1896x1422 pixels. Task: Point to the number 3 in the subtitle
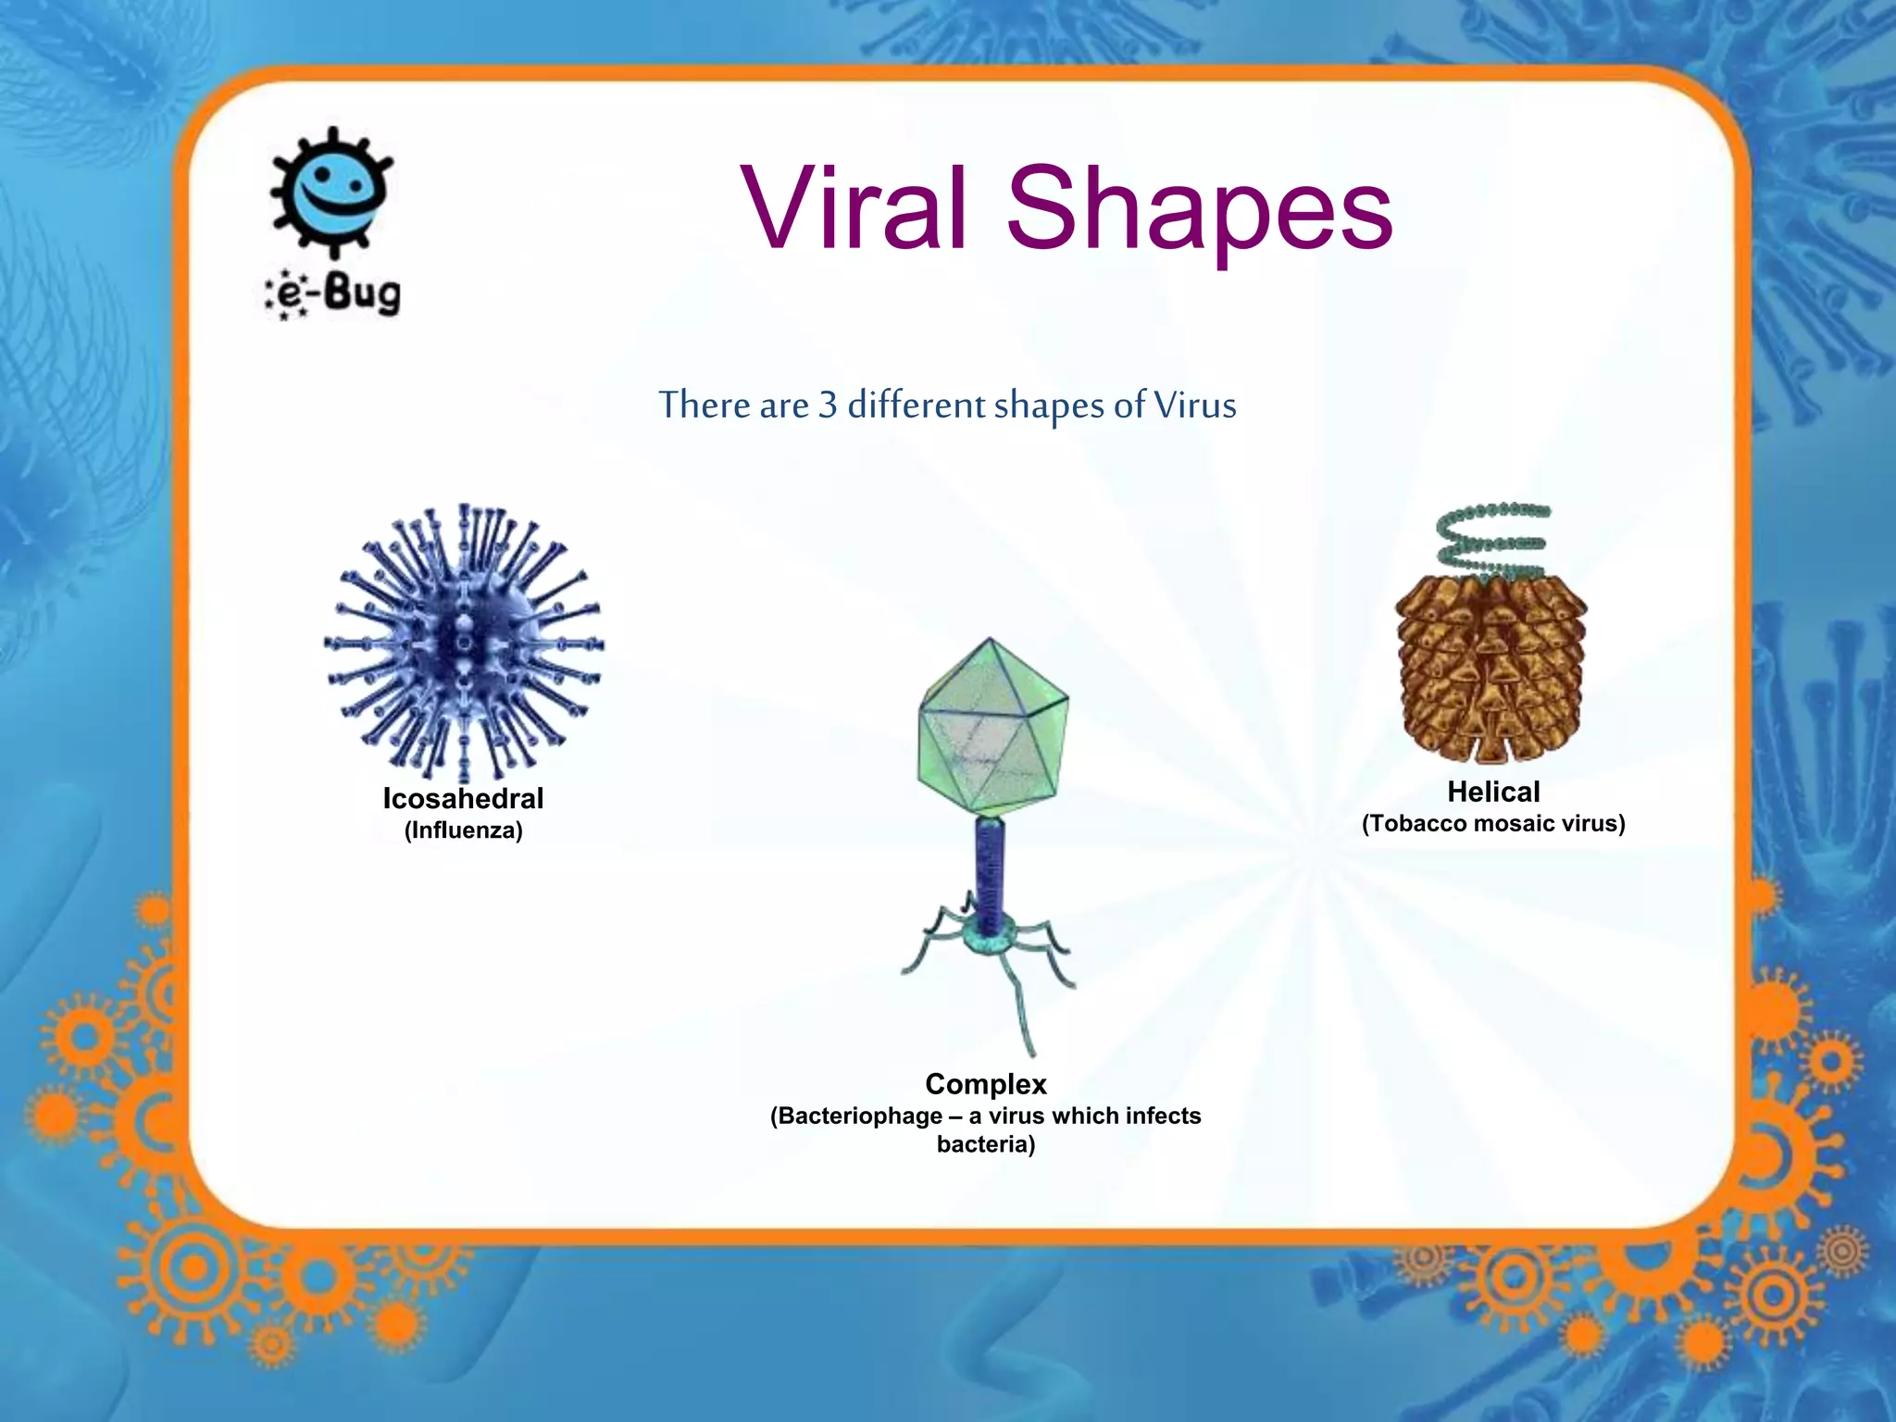pyautogui.click(x=828, y=405)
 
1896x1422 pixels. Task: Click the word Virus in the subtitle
pyautogui.click(x=1194, y=405)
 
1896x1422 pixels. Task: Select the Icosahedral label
pyautogui.click(x=463, y=798)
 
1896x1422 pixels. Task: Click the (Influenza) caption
pyautogui.click(x=463, y=830)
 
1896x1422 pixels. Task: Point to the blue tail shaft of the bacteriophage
pyautogui.click(x=990, y=870)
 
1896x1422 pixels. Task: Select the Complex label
pyautogui.click(x=986, y=1084)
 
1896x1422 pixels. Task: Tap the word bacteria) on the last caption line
pyautogui.click(x=986, y=1144)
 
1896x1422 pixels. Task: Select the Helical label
pyautogui.click(x=1493, y=792)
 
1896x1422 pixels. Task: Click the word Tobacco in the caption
pyautogui.click(x=1417, y=824)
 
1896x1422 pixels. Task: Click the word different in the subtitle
pyautogui.click(x=917, y=405)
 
